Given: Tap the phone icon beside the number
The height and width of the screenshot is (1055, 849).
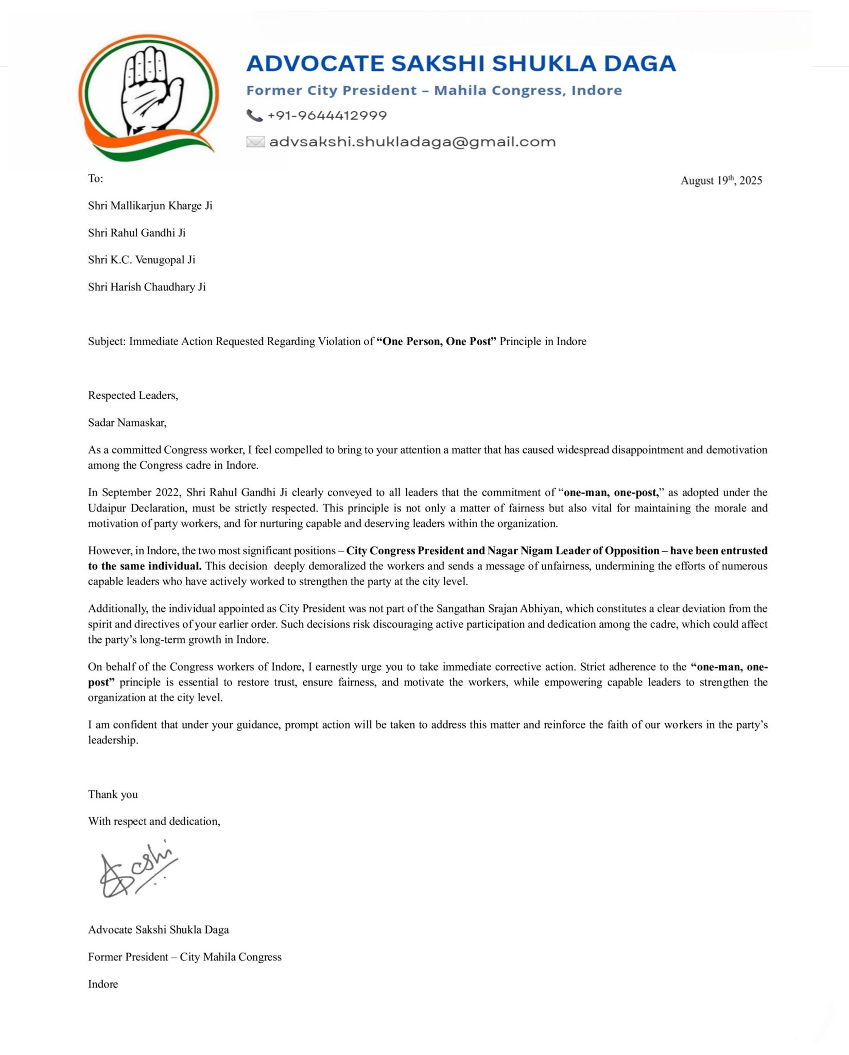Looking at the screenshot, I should (254, 115).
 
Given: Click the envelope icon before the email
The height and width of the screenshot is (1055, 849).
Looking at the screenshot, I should (255, 142).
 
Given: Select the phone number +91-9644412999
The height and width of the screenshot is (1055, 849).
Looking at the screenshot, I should (327, 115).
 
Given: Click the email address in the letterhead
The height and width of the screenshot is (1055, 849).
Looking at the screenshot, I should (412, 142).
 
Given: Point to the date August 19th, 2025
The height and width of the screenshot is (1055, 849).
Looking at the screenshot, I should (721, 180).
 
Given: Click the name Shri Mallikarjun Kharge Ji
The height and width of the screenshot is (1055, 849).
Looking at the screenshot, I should (150, 206).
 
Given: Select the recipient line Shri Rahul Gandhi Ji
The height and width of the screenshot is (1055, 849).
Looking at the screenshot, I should (136, 233).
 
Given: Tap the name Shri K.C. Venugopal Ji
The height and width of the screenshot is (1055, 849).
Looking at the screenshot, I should (142, 260).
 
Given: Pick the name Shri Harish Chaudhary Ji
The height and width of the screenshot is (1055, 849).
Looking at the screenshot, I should (147, 287).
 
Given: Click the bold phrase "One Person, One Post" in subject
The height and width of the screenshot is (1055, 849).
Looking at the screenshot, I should (437, 341).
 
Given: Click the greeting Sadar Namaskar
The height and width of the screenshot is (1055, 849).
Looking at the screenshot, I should (127, 423).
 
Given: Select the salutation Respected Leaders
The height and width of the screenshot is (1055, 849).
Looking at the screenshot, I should (133, 396).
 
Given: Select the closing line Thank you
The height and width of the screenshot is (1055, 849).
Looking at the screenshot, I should (113, 794).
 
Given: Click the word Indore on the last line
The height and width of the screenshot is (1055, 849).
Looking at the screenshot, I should (103, 984).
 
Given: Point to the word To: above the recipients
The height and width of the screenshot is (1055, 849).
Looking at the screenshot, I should (96, 179).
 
